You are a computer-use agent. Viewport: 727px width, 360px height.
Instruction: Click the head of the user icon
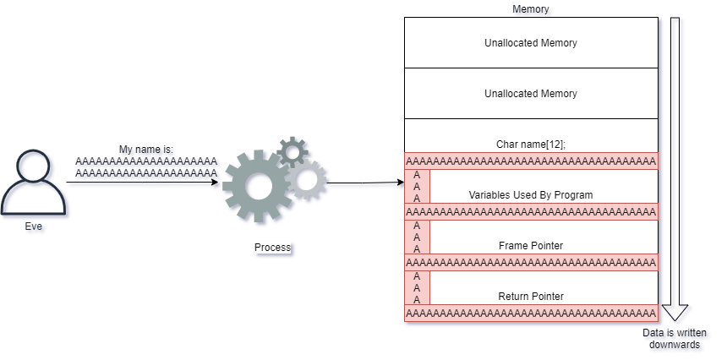pyautogui.click(x=36, y=167)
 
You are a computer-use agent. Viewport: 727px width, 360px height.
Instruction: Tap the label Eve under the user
pyautogui.click(x=36, y=227)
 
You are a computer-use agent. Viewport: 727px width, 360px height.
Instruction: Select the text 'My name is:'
pyautogui.click(x=146, y=150)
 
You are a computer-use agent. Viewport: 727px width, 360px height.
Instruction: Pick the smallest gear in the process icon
pyautogui.click(x=293, y=151)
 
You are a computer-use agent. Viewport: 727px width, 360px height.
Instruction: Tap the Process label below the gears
pyautogui.click(x=273, y=248)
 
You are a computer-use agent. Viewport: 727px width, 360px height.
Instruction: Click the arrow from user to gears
pyautogui.click(x=144, y=184)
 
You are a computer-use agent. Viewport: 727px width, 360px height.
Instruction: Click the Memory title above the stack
pyautogui.click(x=532, y=10)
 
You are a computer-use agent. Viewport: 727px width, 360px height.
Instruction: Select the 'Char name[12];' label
pyautogui.click(x=531, y=145)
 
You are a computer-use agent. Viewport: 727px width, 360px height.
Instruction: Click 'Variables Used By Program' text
pyautogui.click(x=531, y=194)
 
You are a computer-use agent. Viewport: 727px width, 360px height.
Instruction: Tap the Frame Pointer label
pyautogui.click(x=531, y=245)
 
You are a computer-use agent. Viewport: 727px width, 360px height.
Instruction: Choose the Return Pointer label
pyautogui.click(x=531, y=296)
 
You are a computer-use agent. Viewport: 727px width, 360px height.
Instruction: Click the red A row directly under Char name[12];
pyautogui.click(x=531, y=161)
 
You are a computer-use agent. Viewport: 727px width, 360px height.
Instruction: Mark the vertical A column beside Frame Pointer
pyautogui.click(x=417, y=237)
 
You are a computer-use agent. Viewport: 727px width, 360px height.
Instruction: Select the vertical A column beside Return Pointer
pyautogui.click(x=417, y=288)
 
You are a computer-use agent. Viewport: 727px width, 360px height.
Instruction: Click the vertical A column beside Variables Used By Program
pyautogui.click(x=417, y=187)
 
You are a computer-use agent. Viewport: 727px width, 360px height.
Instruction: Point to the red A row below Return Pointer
pyautogui.click(x=531, y=314)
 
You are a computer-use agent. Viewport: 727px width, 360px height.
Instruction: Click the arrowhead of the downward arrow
pyautogui.click(x=676, y=315)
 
